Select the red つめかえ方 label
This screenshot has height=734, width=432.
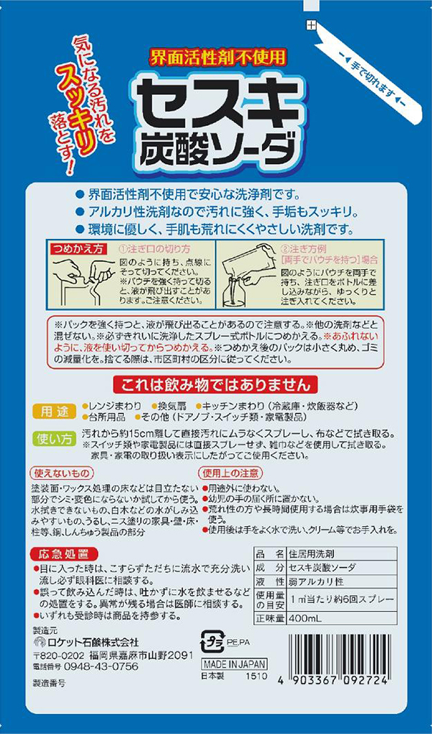pos(78,248)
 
